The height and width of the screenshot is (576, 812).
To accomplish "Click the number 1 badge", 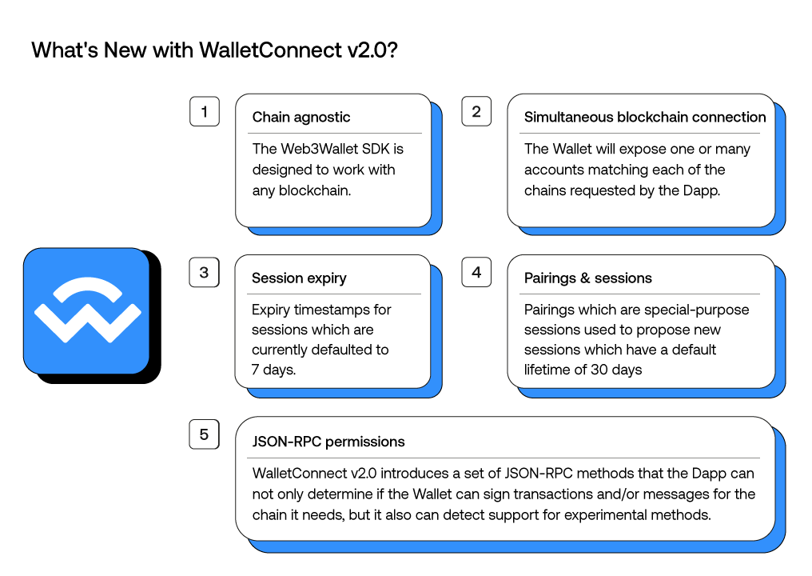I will pyautogui.click(x=204, y=111).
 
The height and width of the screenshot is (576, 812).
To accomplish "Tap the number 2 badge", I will pyautogui.click(x=476, y=111).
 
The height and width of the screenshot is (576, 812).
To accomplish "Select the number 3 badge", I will pyautogui.click(x=204, y=272).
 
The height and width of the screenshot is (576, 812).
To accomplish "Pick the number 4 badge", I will pyautogui.click(x=476, y=272).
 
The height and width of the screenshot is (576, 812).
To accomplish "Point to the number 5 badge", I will pyautogui.click(x=204, y=434).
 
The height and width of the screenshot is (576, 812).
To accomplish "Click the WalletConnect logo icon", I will pyautogui.click(x=87, y=311).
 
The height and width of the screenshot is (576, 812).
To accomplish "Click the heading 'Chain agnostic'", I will pyautogui.click(x=301, y=117).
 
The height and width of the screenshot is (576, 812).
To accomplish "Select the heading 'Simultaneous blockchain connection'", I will pyautogui.click(x=644, y=117).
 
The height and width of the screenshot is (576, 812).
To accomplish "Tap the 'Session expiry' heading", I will pyautogui.click(x=299, y=278).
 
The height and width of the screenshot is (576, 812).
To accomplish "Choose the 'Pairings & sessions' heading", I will pyautogui.click(x=587, y=278).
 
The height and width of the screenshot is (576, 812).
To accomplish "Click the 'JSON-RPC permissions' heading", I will pyautogui.click(x=328, y=442).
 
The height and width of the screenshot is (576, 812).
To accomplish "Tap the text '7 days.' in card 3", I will pyautogui.click(x=273, y=370).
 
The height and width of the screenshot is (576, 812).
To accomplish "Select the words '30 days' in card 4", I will pyautogui.click(x=616, y=370).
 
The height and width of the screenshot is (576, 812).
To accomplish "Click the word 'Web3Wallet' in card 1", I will pyautogui.click(x=314, y=149).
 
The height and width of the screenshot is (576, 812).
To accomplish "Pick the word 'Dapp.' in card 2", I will pyautogui.click(x=702, y=190).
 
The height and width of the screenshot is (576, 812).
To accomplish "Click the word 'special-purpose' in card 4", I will pyautogui.click(x=703, y=310).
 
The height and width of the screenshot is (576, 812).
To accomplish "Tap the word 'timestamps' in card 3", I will pyautogui.click(x=326, y=310).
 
